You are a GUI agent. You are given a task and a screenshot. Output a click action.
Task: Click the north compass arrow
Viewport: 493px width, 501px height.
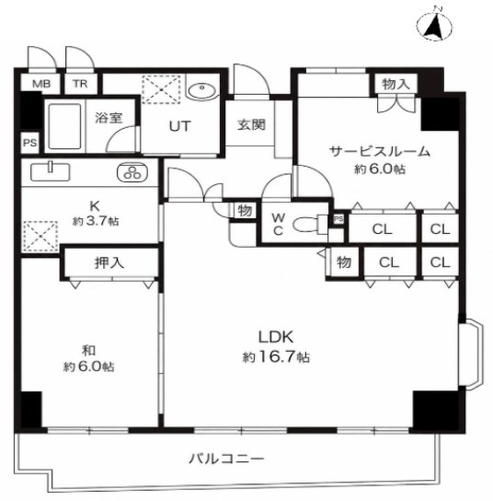[x=435, y=27]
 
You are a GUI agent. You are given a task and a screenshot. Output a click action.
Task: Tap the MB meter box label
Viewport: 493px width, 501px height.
[x=41, y=84]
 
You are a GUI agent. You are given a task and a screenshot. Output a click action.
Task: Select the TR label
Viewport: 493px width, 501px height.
[x=80, y=84]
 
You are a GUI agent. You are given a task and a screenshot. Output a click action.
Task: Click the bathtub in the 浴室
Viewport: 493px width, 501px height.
[x=64, y=126]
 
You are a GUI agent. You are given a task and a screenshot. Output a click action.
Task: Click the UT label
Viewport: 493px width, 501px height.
[x=180, y=126]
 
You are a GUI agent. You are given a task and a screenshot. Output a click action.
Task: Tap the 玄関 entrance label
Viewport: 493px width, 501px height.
[x=251, y=124]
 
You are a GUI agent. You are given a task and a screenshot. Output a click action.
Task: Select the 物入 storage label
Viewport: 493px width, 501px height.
[x=396, y=84]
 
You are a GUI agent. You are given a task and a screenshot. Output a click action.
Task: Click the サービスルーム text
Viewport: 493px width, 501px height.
[x=379, y=151]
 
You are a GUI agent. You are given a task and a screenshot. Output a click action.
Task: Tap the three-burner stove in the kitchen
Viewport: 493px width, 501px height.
[x=132, y=172]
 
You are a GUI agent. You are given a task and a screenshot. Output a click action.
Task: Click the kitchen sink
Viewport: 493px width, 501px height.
[x=50, y=171]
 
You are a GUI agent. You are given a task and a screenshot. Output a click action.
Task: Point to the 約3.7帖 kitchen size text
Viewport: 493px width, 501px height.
[x=96, y=221]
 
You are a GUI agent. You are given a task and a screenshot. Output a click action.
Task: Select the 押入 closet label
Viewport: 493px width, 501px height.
[x=109, y=262]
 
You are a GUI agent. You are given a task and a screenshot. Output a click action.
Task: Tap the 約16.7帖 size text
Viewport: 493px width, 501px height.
[x=276, y=356]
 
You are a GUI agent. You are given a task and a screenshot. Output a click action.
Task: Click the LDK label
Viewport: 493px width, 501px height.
[x=276, y=337]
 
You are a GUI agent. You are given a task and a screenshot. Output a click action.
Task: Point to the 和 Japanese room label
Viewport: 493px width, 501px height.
[x=89, y=351]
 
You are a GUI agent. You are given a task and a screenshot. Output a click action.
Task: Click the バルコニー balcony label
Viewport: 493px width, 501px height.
[x=227, y=460]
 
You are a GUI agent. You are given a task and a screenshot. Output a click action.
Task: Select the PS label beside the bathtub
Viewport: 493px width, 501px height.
[x=30, y=143]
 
